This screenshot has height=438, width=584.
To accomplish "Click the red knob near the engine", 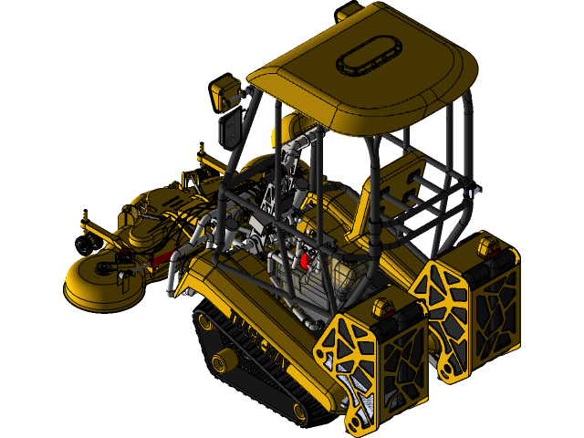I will [x=305, y=260].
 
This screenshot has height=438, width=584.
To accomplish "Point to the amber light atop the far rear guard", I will [x=487, y=245].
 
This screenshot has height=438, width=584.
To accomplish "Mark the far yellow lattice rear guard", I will [x=470, y=306].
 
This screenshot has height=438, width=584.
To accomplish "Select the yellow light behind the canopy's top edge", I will [x=350, y=14].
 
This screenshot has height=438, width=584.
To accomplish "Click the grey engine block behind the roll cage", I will [x=328, y=274].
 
